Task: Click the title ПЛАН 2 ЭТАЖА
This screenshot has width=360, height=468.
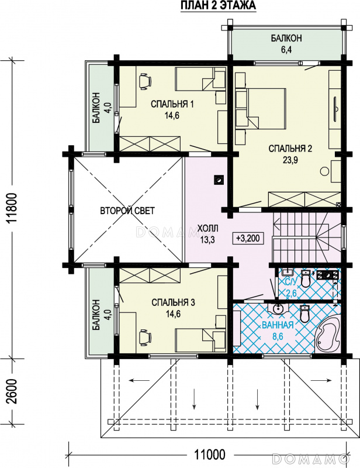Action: (218, 6)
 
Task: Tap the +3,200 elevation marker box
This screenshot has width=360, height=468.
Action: (248, 239)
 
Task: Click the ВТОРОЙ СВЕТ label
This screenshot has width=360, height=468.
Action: (127, 211)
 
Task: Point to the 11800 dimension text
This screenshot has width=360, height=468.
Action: (13, 209)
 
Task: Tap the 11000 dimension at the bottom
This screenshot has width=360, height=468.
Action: (210, 455)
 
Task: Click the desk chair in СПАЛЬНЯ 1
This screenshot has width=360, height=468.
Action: (145, 81)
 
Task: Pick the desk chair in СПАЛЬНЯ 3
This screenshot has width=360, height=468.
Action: (145, 336)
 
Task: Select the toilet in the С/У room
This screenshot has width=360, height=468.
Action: (306, 279)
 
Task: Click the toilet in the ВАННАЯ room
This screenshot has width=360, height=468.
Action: (304, 314)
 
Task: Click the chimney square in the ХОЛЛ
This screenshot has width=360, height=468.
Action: (219, 180)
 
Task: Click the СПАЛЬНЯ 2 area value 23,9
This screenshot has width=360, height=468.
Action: (290, 160)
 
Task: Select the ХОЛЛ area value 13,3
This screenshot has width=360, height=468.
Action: (207, 239)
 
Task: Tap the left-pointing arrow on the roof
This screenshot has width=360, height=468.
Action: (139, 381)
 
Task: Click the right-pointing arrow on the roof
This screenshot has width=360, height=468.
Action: (321, 381)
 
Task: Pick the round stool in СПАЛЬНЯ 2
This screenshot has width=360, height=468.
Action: (324, 171)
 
